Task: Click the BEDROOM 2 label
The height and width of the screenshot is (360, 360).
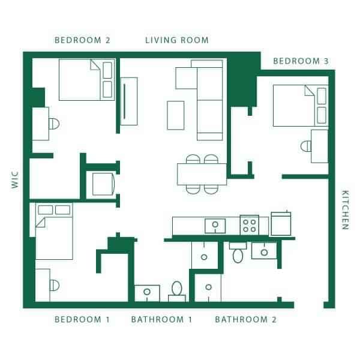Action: click(82, 41)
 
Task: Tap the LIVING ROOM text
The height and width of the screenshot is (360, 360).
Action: click(177, 41)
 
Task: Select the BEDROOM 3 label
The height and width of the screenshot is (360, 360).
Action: click(301, 61)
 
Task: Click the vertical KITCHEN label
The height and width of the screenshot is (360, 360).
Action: click(345, 210)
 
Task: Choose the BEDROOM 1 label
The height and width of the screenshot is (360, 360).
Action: click(82, 319)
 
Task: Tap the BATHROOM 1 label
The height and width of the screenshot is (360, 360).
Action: click(161, 319)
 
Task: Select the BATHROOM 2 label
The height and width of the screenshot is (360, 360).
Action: click(246, 319)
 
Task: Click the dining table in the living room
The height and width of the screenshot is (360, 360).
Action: click(202, 174)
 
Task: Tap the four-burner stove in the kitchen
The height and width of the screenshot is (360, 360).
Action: click(250, 226)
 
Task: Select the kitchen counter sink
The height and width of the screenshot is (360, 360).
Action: click(215, 226)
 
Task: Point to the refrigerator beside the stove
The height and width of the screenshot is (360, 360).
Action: click(281, 223)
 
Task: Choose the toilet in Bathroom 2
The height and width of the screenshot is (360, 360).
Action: click(237, 253)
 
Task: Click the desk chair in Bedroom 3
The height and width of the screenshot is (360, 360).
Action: click(305, 146)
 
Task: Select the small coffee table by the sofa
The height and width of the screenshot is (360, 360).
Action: click(175, 115)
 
